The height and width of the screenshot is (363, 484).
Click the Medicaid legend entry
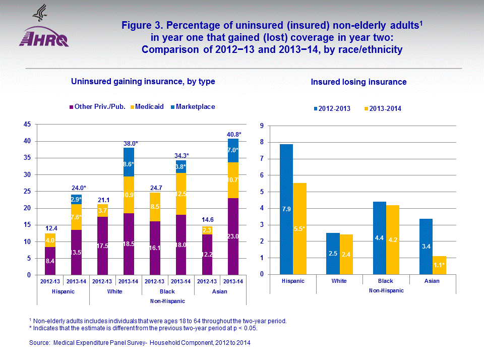pyautogui.click(x=149, y=107)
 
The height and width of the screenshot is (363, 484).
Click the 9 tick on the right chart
pyautogui.click(x=262, y=126)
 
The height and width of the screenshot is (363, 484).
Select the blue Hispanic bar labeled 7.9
pyautogui.click(x=286, y=209)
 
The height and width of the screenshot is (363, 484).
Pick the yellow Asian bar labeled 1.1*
pyautogui.click(x=439, y=265)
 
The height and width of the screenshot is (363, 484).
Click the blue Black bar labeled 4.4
pyautogui.click(x=380, y=238)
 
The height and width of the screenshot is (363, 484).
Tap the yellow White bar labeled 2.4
pyautogui.click(x=346, y=254)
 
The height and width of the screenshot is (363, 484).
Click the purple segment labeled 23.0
pyautogui.click(x=233, y=236)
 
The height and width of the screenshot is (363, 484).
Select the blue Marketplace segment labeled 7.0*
pyautogui.click(x=233, y=150)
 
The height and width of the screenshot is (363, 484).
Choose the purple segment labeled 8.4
pyautogui.click(x=50, y=261)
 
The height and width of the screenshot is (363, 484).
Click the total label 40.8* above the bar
pyautogui.click(x=233, y=134)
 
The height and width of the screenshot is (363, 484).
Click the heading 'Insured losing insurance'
pyautogui.click(x=358, y=82)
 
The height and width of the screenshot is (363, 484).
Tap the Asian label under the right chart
pyautogui.click(x=433, y=281)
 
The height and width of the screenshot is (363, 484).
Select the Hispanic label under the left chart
pyautogui.click(x=63, y=291)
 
